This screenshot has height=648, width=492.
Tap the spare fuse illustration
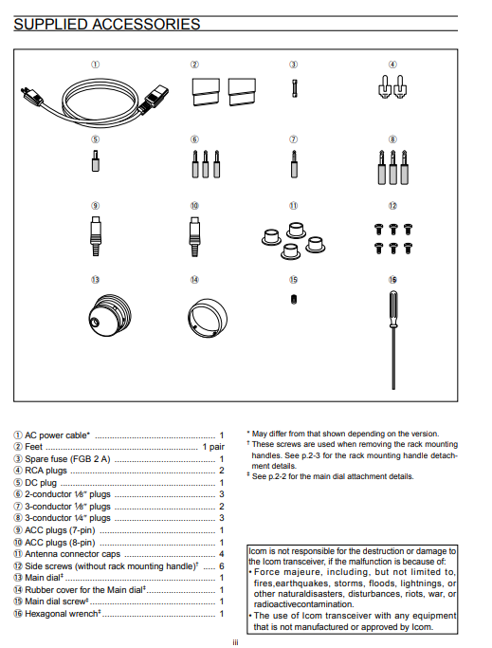[294, 88]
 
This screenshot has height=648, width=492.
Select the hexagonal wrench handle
[392, 308]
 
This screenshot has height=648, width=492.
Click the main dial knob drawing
[110, 316]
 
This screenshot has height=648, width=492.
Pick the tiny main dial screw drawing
[293, 299]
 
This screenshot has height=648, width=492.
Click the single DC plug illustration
[96, 160]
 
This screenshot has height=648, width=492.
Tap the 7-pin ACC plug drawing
[96, 236]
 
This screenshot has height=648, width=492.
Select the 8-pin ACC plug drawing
[194, 236]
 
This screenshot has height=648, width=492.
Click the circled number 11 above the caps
[293, 205]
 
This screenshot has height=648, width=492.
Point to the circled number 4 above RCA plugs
[392, 65]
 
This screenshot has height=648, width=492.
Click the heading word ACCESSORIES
[146, 24]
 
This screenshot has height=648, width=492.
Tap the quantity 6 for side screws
[222, 565]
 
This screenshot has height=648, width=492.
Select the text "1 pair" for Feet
[213, 447]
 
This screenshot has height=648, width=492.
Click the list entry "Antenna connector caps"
[72, 554]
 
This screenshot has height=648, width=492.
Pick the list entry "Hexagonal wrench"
[61, 614]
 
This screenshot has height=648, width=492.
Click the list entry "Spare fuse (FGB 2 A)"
[67, 459]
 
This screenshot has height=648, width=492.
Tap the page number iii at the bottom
[235, 642]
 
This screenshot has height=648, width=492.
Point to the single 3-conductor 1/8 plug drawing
[294, 164]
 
